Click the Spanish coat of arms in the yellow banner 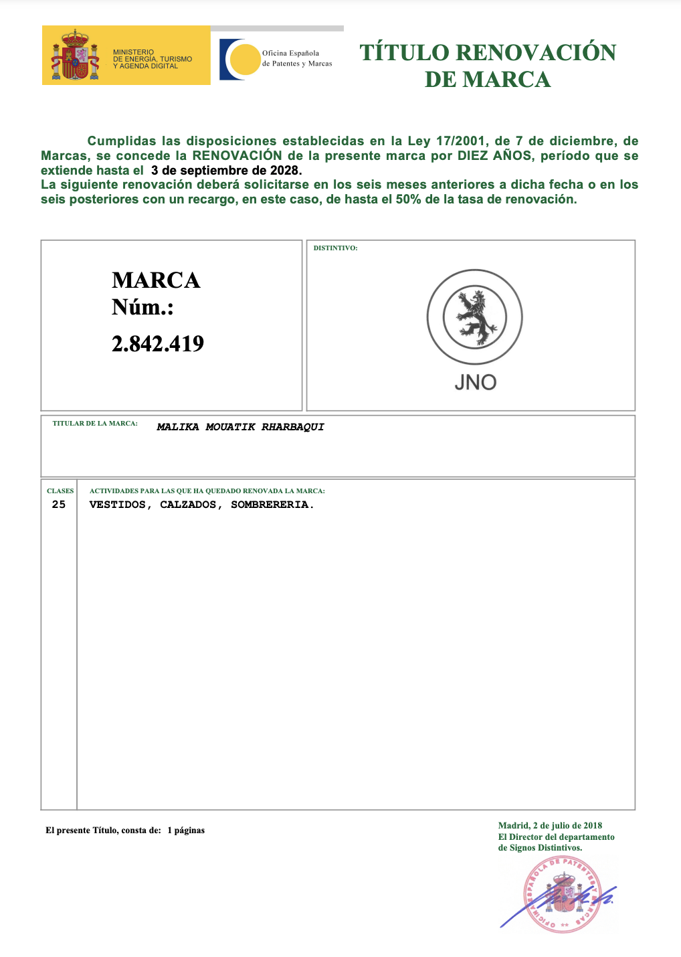pyautogui.click(x=75, y=56)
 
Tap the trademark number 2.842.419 pyautogui.click(x=158, y=343)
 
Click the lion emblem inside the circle pyautogui.click(x=475, y=317)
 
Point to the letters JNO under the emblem pyautogui.click(x=475, y=382)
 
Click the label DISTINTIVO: pyautogui.click(x=336, y=248)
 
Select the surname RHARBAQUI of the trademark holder pyautogui.click(x=292, y=427)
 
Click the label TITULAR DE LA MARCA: pyautogui.click(x=95, y=424)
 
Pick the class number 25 pyautogui.click(x=59, y=505)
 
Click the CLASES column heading pyautogui.click(x=60, y=491)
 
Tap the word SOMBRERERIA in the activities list pyautogui.click(x=272, y=505)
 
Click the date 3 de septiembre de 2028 pyautogui.click(x=226, y=170)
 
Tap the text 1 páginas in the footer pyautogui.click(x=186, y=831)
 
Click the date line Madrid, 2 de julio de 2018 pyautogui.click(x=550, y=826)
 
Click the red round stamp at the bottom pyautogui.click(x=561, y=894)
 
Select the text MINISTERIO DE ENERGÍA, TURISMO pyautogui.click(x=153, y=56)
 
